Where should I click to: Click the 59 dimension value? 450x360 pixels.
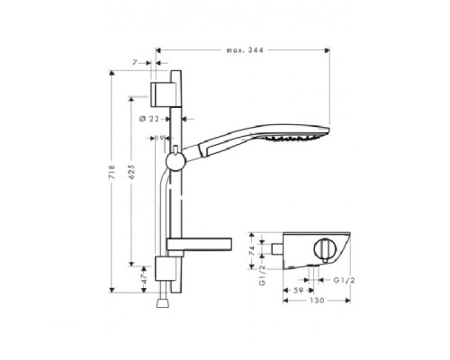point(296,291)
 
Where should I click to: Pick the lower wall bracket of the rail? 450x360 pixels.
point(165,268)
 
